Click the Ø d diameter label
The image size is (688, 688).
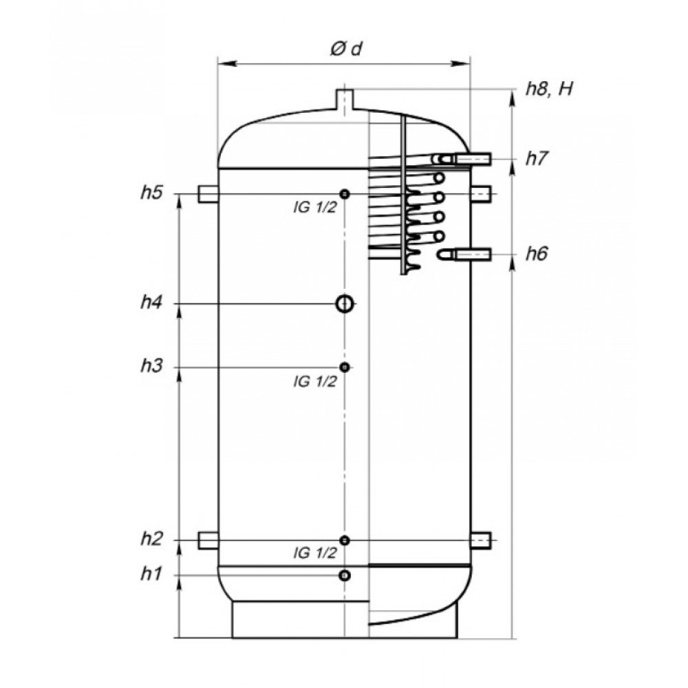click(346, 48)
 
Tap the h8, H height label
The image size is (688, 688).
click(550, 89)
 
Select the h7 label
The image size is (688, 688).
click(537, 158)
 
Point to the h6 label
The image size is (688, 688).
click(537, 254)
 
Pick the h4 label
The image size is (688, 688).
click(151, 302)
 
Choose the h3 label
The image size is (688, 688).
click(151, 365)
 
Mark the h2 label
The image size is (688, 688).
click(151, 539)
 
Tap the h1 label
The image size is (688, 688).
click(151, 574)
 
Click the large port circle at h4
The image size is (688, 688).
click(345, 303)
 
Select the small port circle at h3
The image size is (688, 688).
click(345, 367)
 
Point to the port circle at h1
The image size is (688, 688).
click(345, 575)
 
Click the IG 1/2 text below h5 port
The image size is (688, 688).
click(315, 207)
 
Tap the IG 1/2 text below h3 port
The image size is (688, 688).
click(315, 382)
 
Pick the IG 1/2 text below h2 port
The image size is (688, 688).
click(315, 553)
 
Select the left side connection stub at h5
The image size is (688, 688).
click(208, 194)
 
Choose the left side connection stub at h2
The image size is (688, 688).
click(208, 540)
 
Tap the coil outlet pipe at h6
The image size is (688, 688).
click(465, 254)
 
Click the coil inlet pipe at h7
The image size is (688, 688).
click(463, 158)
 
